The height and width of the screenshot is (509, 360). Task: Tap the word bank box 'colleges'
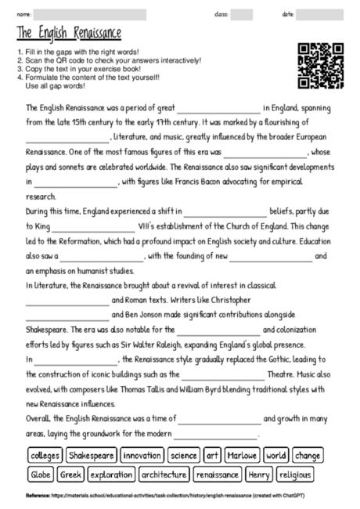(x=44, y=455)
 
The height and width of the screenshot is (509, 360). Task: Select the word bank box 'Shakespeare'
(x=92, y=455)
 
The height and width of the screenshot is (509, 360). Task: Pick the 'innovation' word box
(x=142, y=455)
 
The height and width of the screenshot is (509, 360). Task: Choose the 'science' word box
(x=184, y=455)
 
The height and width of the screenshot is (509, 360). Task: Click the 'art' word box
(x=213, y=455)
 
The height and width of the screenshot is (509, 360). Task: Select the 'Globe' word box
(x=41, y=475)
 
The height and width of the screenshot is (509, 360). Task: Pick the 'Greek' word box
(x=71, y=475)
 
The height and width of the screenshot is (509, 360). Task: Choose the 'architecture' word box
(x=164, y=475)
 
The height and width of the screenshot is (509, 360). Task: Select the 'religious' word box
(x=296, y=475)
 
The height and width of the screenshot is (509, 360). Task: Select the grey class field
(x=241, y=14)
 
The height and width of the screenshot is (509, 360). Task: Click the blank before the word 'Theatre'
(x=223, y=374)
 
